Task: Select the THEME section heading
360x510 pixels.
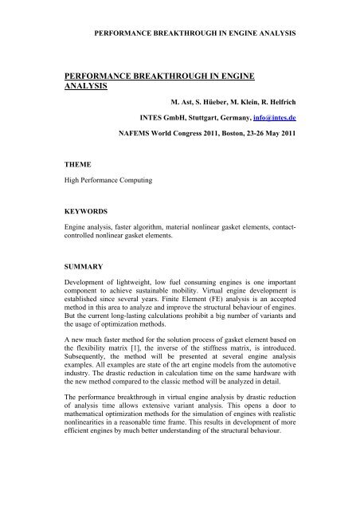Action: pyautogui.click(x=76, y=163)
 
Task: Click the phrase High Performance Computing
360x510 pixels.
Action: pyautogui.click(x=109, y=180)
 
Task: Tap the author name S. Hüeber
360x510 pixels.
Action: pyautogui.click(x=198, y=102)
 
